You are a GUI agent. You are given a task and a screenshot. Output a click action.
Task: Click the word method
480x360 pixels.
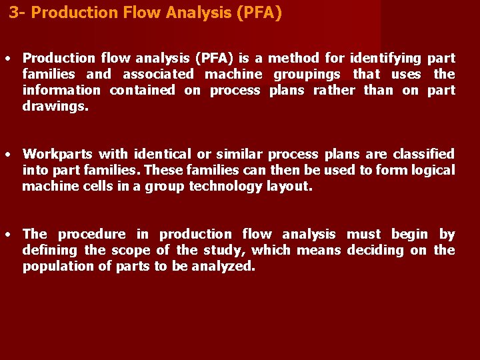click(x=295, y=58)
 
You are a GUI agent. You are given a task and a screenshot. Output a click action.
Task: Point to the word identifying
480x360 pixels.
click(x=385, y=58)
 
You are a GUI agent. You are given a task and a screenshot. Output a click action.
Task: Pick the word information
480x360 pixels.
click(x=61, y=90)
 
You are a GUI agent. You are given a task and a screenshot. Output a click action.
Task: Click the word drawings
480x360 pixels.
click(x=55, y=106)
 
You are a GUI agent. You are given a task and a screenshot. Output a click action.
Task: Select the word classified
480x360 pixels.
click(x=422, y=154)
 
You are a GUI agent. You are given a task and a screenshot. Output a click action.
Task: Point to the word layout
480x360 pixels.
click(x=289, y=186)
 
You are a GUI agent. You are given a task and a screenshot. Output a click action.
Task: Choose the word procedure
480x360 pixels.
click(x=91, y=234)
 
